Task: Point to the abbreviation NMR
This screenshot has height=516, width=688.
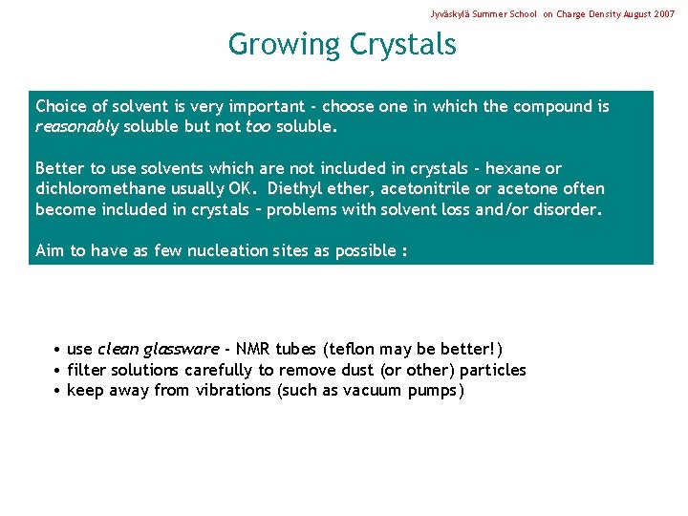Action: [253, 350]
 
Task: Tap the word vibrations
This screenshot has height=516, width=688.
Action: [233, 390]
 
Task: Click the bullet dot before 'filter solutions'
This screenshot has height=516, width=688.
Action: [58, 371]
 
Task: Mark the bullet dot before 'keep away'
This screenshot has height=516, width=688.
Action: [58, 391]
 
